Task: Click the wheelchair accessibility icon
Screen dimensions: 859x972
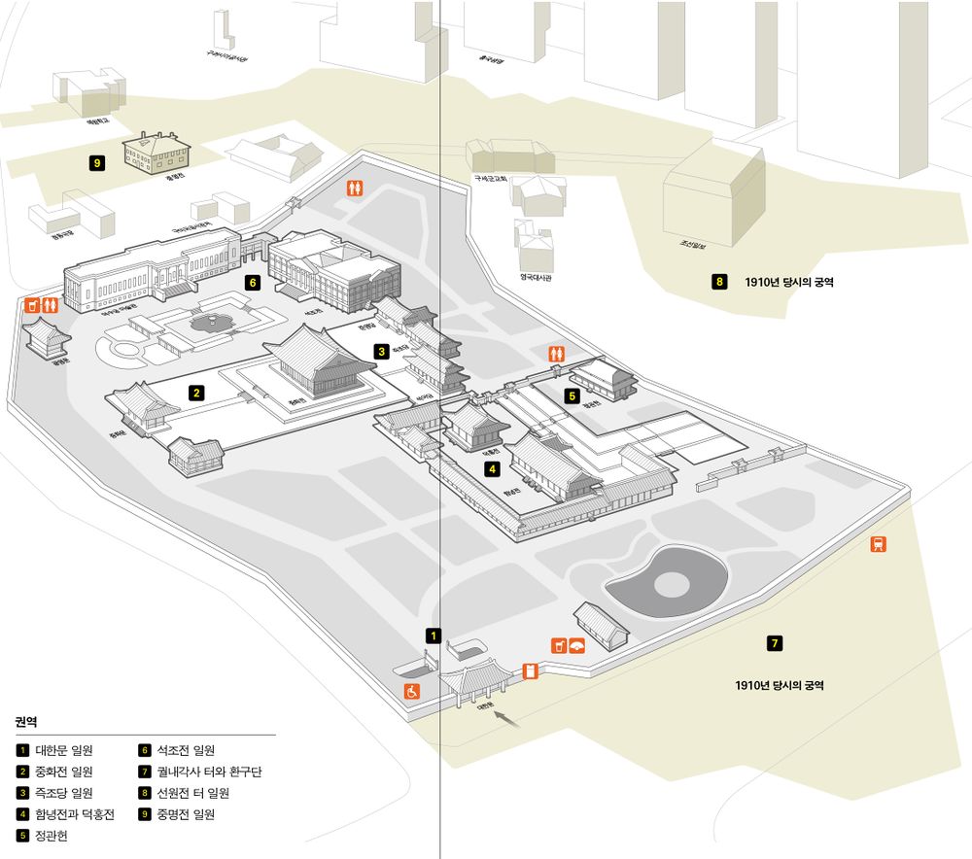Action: pyautogui.click(x=413, y=691)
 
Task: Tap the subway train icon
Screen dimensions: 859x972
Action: pyautogui.click(x=878, y=544)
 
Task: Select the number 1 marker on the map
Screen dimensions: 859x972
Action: pyautogui.click(x=434, y=636)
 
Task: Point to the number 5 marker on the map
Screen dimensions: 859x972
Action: pyautogui.click(x=573, y=395)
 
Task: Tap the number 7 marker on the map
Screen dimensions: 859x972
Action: pyautogui.click(x=774, y=642)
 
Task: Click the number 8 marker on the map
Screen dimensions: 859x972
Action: pyautogui.click(x=719, y=283)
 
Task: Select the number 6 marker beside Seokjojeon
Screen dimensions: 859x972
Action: pyautogui.click(x=253, y=283)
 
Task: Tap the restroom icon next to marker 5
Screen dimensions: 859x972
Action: pyautogui.click(x=557, y=354)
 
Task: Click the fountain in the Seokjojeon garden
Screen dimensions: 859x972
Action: pyautogui.click(x=207, y=321)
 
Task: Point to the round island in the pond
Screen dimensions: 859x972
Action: pyautogui.click(x=669, y=584)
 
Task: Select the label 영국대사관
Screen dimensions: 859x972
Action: pyautogui.click(x=536, y=276)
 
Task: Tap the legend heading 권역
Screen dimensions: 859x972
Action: pyautogui.click(x=26, y=722)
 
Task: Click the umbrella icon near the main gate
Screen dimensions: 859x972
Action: pyautogui.click(x=576, y=645)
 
